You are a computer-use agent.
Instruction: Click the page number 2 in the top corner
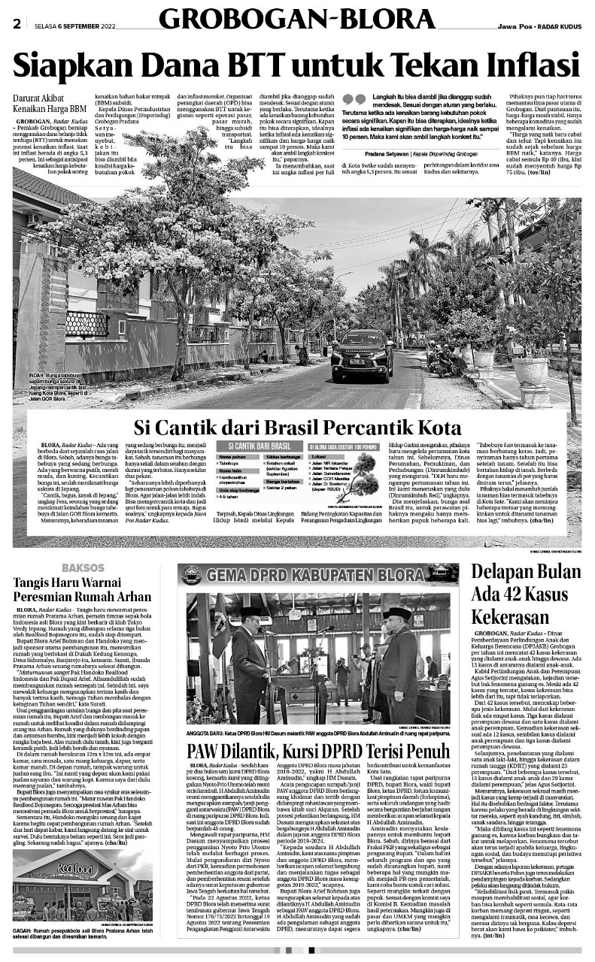[x=16, y=23]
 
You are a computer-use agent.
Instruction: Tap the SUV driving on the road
[x=361, y=358]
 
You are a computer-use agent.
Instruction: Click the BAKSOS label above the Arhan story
[x=83, y=567]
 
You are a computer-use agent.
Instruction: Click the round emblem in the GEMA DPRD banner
[x=191, y=575]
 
